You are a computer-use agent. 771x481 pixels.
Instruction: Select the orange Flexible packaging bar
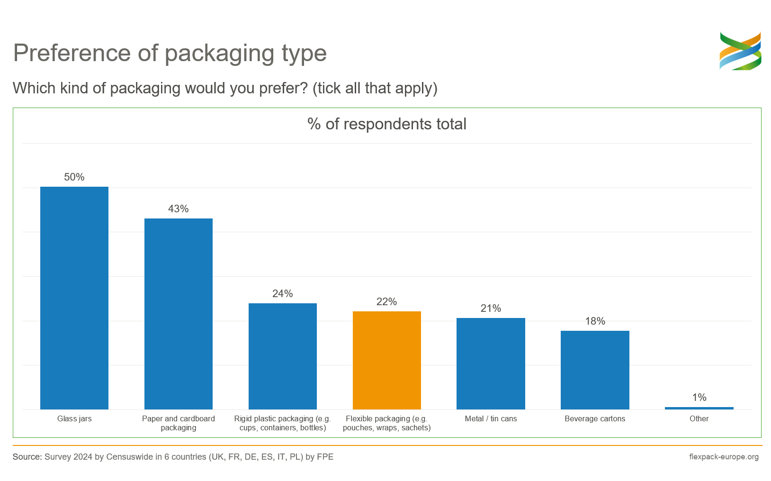(386, 360)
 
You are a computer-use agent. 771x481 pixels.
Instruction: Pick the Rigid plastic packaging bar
(283, 356)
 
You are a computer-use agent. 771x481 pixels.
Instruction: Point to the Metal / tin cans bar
(491, 363)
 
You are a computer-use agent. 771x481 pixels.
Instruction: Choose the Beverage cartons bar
(595, 370)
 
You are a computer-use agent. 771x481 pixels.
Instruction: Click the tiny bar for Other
(699, 408)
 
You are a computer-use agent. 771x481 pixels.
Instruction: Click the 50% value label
(74, 177)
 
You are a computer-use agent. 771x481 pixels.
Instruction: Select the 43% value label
(179, 209)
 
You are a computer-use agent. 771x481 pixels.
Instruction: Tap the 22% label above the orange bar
(386, 302)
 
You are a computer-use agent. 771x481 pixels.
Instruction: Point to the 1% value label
(699, 398)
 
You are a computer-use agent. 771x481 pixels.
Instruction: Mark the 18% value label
(595, 321)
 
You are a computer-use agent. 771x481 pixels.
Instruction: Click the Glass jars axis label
(74, 419)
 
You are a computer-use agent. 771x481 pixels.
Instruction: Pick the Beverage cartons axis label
(595, 419)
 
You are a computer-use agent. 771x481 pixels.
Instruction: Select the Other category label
(699, 419)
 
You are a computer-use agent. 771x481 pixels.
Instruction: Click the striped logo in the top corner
(740, 51)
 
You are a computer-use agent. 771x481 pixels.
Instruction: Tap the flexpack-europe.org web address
(724, 457)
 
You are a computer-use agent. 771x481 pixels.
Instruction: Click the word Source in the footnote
(27, 457)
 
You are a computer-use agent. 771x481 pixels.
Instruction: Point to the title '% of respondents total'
(387, 124)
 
